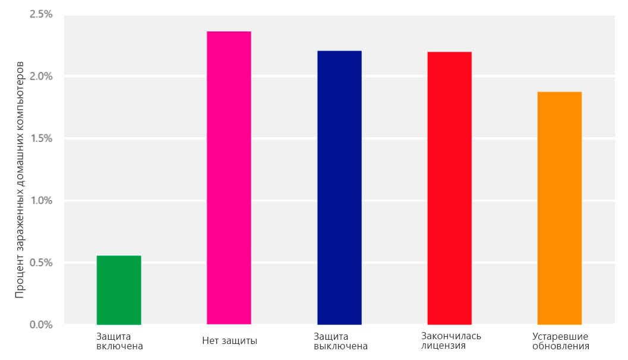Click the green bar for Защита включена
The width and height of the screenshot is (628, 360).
(119, 290)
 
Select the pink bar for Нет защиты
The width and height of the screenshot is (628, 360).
(229, 178)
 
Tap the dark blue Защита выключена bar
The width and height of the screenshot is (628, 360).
(339, 187)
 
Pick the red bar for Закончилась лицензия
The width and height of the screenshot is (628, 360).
(449, 188)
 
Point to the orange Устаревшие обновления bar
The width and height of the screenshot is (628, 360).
(559, 208)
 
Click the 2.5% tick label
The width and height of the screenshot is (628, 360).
(41, 14)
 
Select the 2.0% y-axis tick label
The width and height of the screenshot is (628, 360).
(41, 77)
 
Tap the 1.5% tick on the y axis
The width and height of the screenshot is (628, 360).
(41, 138)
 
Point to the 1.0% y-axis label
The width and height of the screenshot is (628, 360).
(41, 201)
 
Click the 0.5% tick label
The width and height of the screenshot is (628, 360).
(41, 263)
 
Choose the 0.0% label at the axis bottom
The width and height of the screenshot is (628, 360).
(41, 325)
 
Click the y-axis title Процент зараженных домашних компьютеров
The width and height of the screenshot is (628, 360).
(20, 178)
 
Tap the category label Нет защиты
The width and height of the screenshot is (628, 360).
(229, 341)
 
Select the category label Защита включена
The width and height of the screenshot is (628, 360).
(119, 341)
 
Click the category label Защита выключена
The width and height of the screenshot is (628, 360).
(340, 341)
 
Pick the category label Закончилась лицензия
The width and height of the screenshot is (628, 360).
(451, 341)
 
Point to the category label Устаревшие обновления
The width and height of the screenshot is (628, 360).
(561, 341)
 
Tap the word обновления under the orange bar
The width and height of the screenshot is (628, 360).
(561, 346)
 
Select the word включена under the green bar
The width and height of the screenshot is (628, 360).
(119, 346)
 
